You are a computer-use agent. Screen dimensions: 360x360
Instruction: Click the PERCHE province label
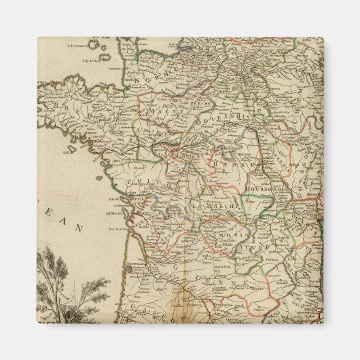(x=202, y=102)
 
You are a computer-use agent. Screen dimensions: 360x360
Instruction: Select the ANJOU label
(x=146, y=130)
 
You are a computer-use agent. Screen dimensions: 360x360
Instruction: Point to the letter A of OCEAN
(x=67, y=219)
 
